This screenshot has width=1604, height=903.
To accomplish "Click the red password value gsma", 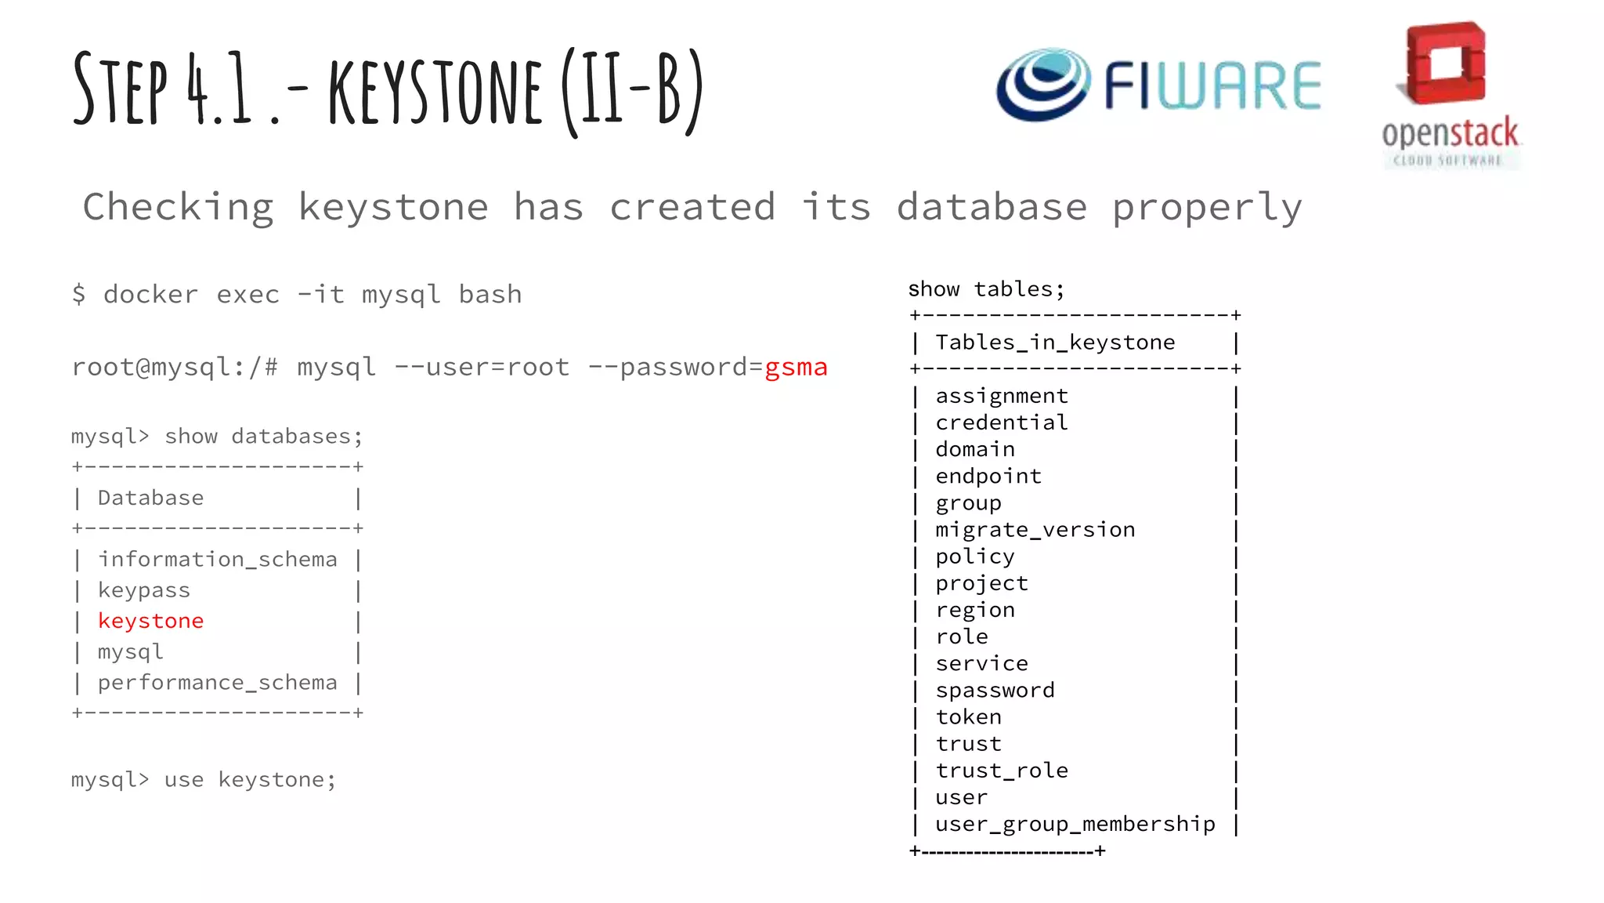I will [796, 368].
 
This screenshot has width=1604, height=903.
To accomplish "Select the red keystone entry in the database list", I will [150, 621].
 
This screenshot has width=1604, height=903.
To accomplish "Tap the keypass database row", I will [144, 590].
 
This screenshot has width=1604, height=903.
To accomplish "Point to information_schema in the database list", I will [218, 560].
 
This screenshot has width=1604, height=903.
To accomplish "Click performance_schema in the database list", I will [218, 683].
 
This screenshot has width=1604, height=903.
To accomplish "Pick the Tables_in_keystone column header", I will [1055, 343].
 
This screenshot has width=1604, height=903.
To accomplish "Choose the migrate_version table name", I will [1035, 530].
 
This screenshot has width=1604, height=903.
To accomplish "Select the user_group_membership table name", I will [1075, 824].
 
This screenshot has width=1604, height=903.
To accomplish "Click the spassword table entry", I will [995, 691].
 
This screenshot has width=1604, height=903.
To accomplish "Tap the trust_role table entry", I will [1002, 771].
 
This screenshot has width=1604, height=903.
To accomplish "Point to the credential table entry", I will [1002, 422].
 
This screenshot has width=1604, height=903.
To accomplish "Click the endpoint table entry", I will [988, 476].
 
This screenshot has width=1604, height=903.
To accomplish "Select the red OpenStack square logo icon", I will [1445, 63].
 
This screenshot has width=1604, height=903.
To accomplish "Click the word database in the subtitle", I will [992, 208].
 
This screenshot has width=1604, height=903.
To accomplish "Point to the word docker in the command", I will [150, 295].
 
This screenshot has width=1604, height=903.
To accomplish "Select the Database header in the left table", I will [150, 498].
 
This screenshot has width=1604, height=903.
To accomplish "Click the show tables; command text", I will [986, 289].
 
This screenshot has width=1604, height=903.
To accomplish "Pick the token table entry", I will [968, 717].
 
